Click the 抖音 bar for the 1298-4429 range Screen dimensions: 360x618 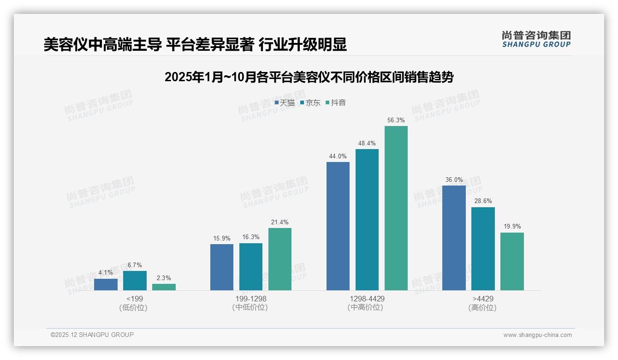(396, 208)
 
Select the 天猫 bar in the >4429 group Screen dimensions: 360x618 (454, 238)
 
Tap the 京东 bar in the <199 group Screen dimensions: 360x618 (135, 281)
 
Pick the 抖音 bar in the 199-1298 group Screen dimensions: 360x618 (280, 259)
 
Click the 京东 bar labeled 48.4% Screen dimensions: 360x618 (367, 219)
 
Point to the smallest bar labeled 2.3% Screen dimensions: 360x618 (164, 287)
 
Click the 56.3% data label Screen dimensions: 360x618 (396, 120)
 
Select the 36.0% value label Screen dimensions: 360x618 (454, 180)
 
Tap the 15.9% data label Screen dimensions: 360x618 (222, 239)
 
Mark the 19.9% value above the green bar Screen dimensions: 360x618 (512, 227)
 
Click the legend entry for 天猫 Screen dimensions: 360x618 (285, 103)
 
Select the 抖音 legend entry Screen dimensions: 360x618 (336, 103)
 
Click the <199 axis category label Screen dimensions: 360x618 (134, 299)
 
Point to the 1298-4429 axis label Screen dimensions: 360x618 (367, 299)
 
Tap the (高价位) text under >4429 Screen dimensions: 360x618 (483, 307)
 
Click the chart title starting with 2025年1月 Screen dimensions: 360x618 (309, 77)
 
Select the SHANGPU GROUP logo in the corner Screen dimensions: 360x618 (536, 39)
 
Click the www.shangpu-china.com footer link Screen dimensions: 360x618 (537, 335)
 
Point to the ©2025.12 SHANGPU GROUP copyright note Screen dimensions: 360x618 (92, 335)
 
